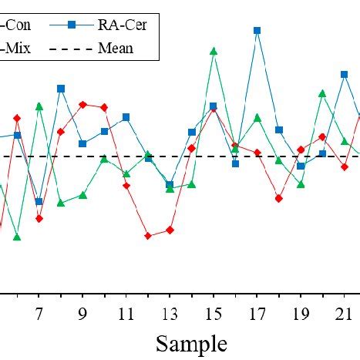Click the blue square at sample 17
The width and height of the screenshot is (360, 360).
pos(257,31)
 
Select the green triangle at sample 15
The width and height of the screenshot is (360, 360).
pos(214,52)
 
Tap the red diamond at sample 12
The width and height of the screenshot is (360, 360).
pos(148,236)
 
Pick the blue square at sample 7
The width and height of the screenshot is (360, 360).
pos(39,202)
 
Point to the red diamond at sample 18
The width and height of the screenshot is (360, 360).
pos(279,198)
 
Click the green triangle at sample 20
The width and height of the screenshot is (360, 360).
pos(322,93)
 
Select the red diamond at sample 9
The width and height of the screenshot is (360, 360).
pos(82,104)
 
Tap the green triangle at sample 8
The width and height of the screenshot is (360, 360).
pos(61,203)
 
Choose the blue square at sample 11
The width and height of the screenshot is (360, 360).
pos(126,117)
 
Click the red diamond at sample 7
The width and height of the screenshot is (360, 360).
pos(39,218)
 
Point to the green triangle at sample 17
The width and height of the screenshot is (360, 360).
pos(257,118)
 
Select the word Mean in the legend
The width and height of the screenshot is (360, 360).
pos(116,49)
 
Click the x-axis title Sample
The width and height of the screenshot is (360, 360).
pos(191,343)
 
